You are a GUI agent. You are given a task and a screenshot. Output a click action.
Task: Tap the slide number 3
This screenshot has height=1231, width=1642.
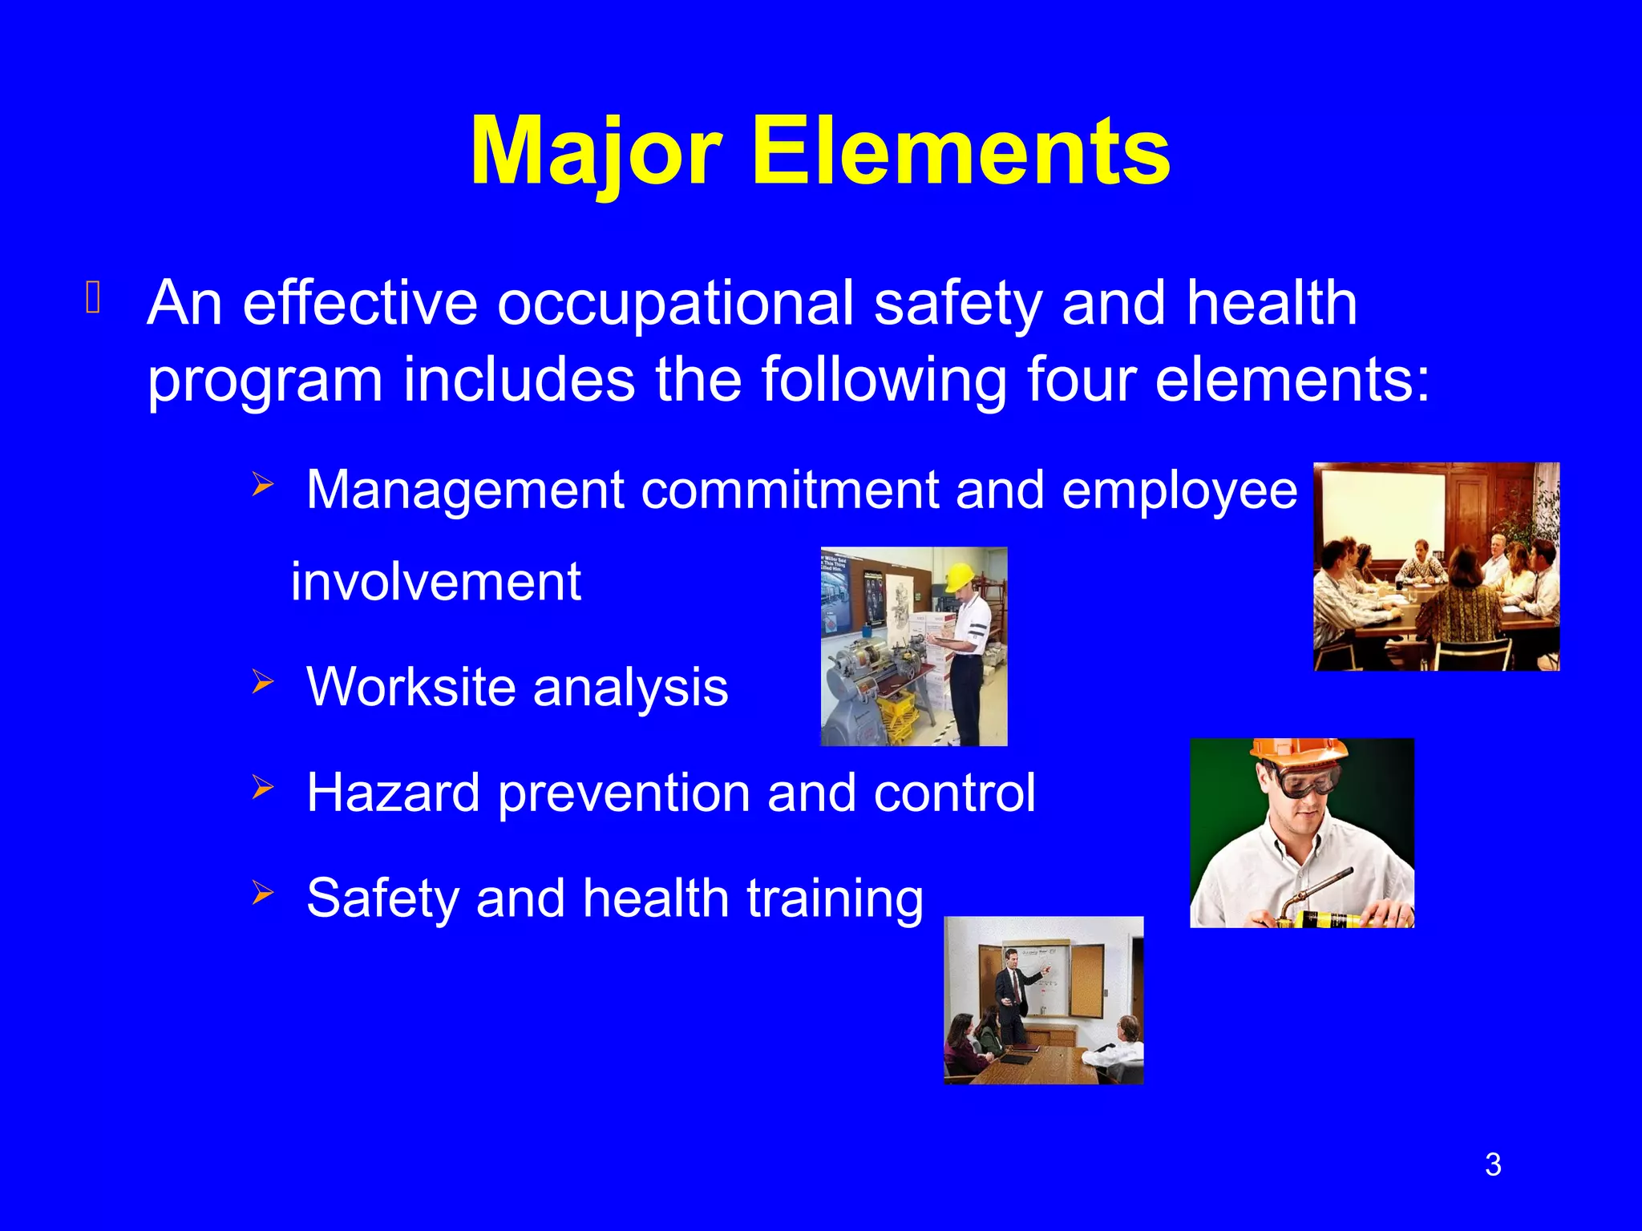1492,1164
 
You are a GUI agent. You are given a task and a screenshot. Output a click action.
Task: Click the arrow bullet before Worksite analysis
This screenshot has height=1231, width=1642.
262,683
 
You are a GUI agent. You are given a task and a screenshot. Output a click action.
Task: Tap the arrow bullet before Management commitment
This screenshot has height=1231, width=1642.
262,485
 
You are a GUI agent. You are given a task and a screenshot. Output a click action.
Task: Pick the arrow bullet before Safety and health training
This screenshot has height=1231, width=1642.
262,893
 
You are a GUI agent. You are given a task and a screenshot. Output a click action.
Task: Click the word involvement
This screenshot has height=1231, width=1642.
435,582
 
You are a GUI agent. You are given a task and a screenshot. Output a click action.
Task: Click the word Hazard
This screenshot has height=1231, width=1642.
393,793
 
